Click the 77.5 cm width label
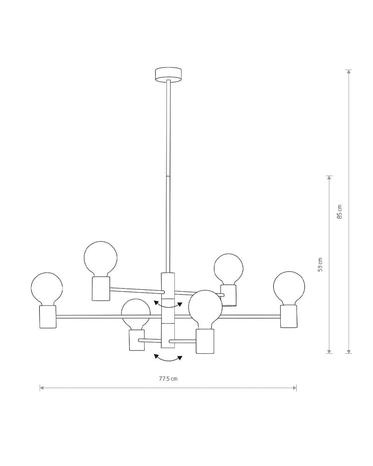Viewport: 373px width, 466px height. [x=168, y=378]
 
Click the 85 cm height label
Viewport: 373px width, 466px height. [x=340, y=212]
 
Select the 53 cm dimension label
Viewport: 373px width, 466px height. [x=320, y=265]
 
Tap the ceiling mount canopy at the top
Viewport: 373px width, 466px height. [x=168, y=74]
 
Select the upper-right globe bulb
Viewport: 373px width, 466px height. [x=228, y=269]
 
